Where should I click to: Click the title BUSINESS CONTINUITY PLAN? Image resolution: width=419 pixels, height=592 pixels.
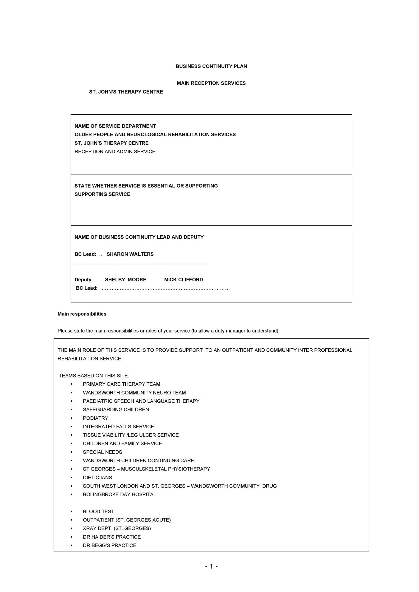(x=211, y=66)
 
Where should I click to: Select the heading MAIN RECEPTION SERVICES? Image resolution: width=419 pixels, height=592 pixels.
(x=211, y=83)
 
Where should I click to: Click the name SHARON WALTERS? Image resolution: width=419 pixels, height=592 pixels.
(x=130, y=254)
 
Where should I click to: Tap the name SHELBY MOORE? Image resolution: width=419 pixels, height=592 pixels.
(x=125, y=280)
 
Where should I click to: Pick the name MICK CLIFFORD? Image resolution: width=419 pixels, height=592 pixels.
(x=183, y=280)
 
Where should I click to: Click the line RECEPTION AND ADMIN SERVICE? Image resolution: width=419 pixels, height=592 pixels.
(x=115, y=152)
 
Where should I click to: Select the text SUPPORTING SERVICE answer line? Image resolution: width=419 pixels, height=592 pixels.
(x=102, y=194)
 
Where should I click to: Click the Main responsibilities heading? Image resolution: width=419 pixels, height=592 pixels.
(x=82, y=314)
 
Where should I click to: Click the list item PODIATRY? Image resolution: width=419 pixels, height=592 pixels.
(x=95, y=418)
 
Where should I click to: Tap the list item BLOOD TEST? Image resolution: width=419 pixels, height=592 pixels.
(x=98, y=511)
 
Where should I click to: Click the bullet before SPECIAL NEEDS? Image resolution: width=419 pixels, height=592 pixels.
(x=72, y=452)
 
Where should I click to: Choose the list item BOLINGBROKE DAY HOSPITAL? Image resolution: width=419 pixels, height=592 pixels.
(x=119, y=494)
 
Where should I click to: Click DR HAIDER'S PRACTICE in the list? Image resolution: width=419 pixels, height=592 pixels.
(x=111, y=537)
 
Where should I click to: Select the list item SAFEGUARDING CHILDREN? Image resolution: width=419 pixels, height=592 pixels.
(x=116, y=410)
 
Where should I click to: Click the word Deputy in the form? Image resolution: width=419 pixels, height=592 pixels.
(x=83, y=280)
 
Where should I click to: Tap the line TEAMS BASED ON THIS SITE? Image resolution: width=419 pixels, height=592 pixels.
(x=94, y=376)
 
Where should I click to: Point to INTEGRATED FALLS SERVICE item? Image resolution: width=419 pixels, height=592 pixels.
(x=118, y=427)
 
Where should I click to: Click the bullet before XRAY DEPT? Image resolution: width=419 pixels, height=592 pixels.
(x=72, y=529)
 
